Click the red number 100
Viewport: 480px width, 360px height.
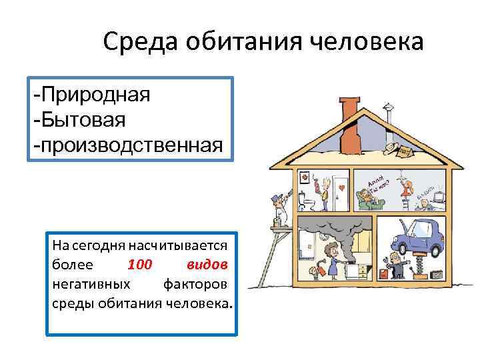pos(139,265)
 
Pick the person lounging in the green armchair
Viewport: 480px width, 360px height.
pos(365,197)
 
